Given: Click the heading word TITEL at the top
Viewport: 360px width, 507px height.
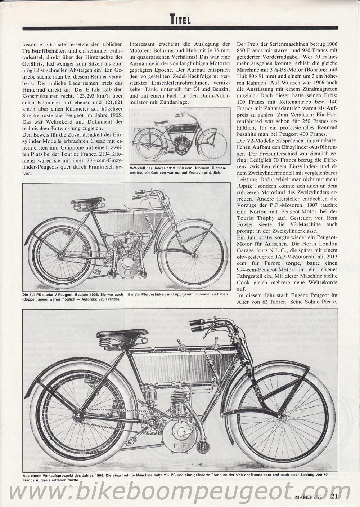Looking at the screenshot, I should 180,19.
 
